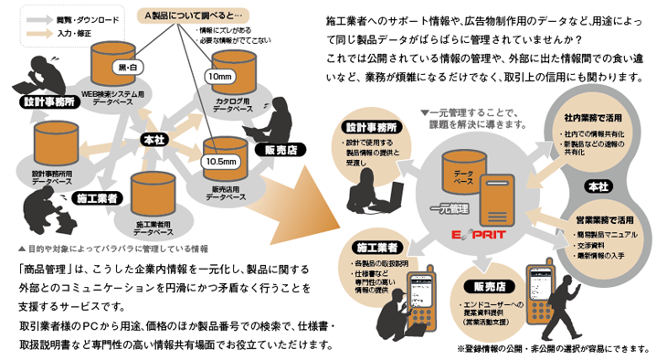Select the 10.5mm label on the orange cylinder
coord(220,161)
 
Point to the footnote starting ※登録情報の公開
coord(551,348)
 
